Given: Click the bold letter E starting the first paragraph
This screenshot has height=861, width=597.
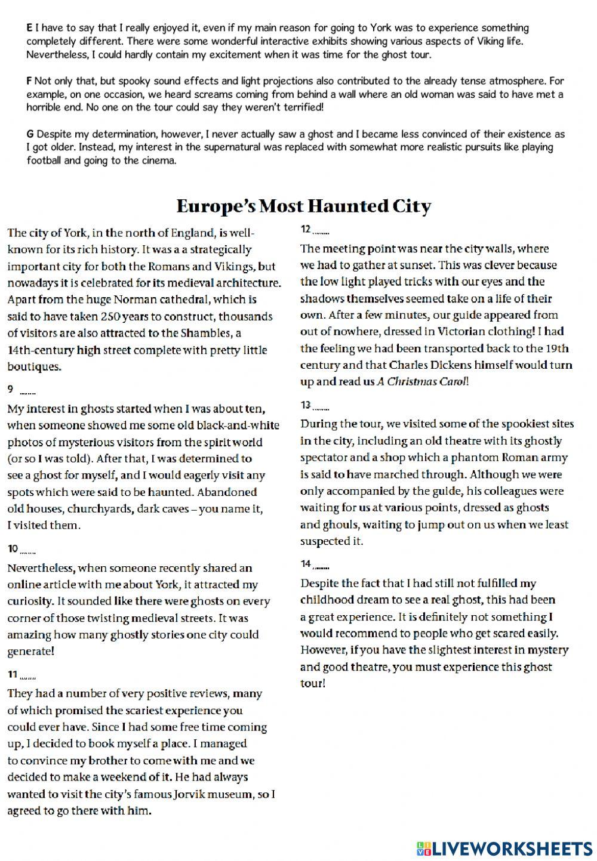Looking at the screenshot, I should point(29,28).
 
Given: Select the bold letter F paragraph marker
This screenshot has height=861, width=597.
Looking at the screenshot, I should point(29,81).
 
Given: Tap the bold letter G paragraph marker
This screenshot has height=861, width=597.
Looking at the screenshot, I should point(30,134).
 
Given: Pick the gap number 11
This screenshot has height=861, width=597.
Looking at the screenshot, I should point(12,674).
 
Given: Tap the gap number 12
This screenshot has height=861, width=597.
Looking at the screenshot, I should point(306,229).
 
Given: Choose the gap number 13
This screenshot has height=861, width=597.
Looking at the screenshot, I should point(306,405).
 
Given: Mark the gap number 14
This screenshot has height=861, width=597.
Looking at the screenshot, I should point(306,563).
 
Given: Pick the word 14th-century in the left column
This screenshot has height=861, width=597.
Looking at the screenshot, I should point(37,350).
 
